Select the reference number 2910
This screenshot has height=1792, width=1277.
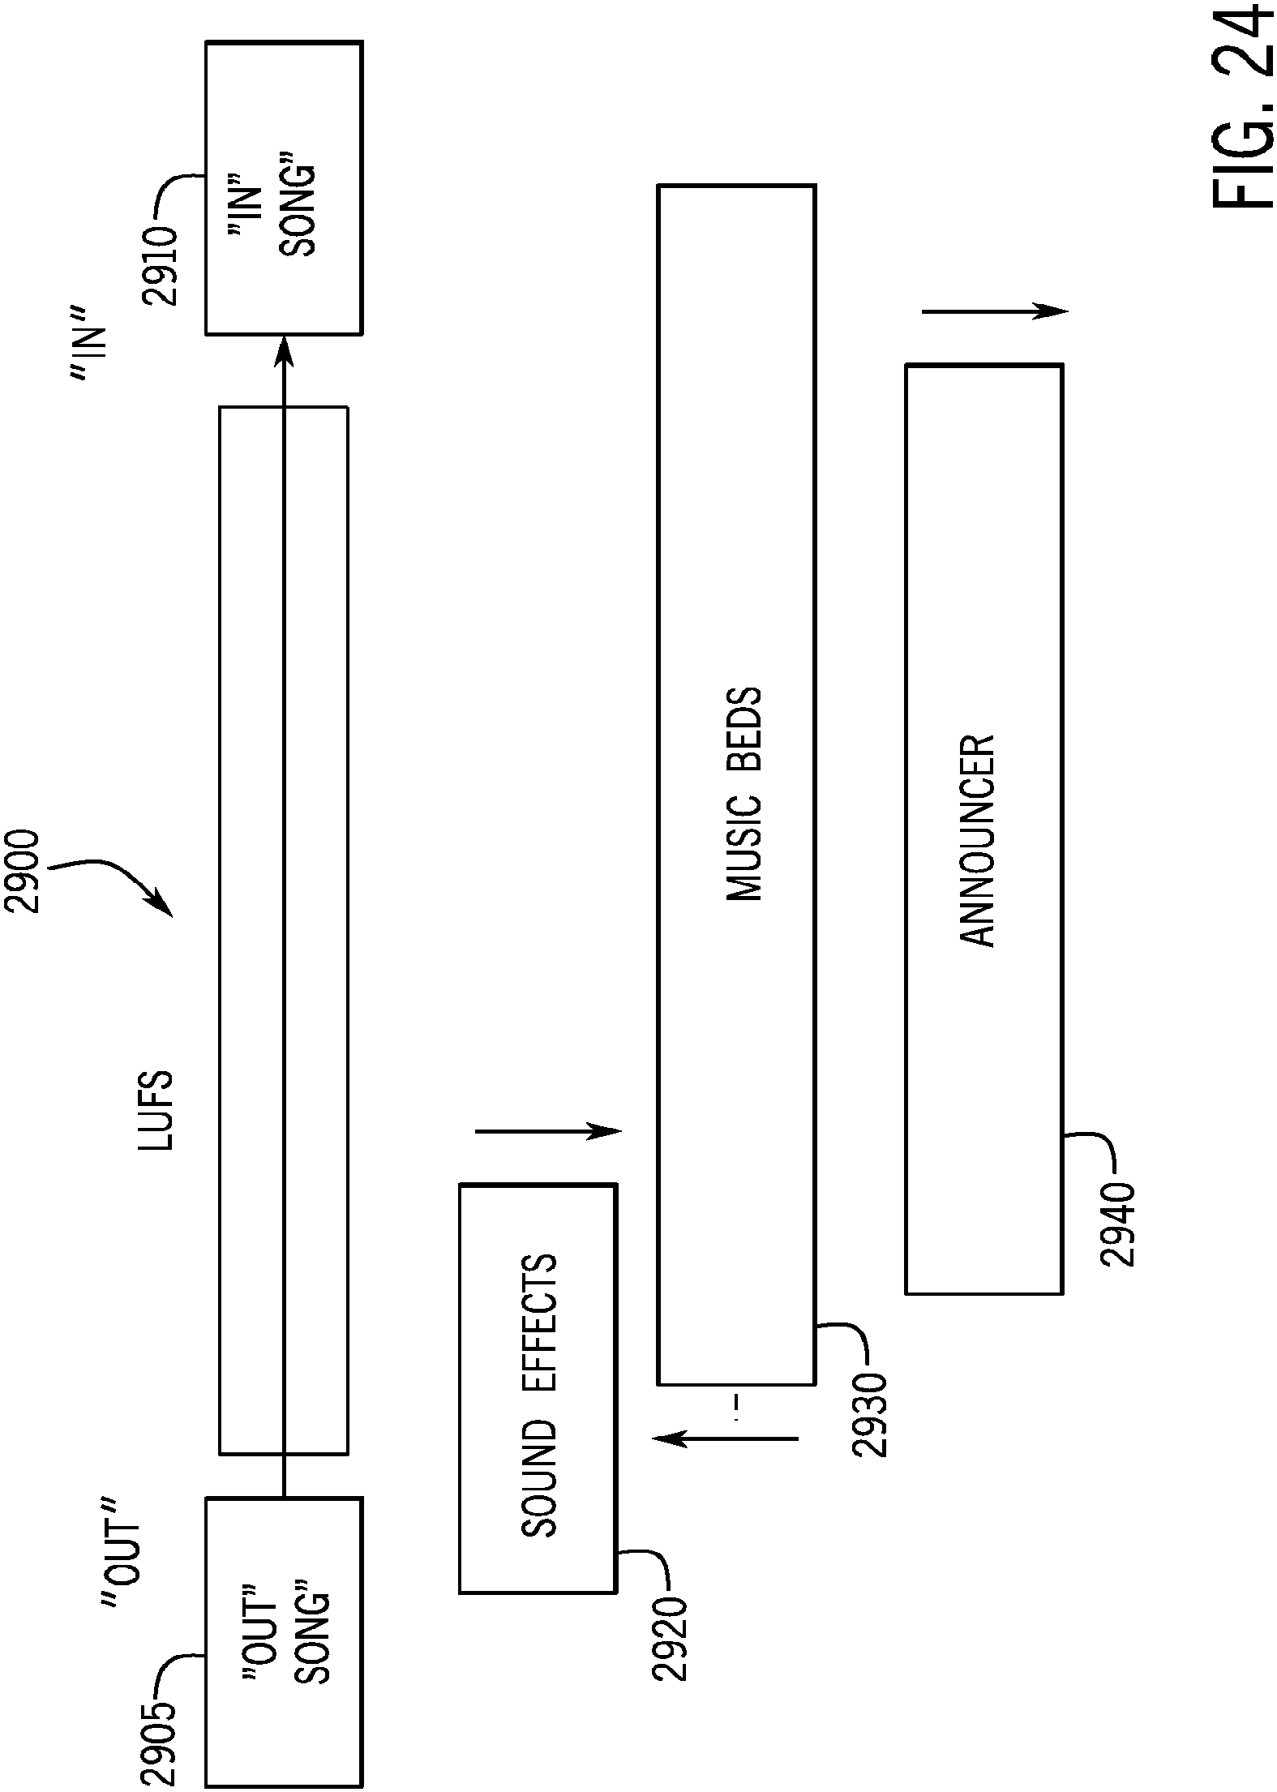pyautogui.click(x=158, y=265)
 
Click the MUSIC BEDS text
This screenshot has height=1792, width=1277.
pyautogui.click(x=744, y=795)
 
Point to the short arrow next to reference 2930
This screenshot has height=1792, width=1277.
pyautogui.click(x=726, y=1438)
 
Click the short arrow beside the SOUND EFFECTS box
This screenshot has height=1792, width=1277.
pyautogui.click(x=547, y=1131)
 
